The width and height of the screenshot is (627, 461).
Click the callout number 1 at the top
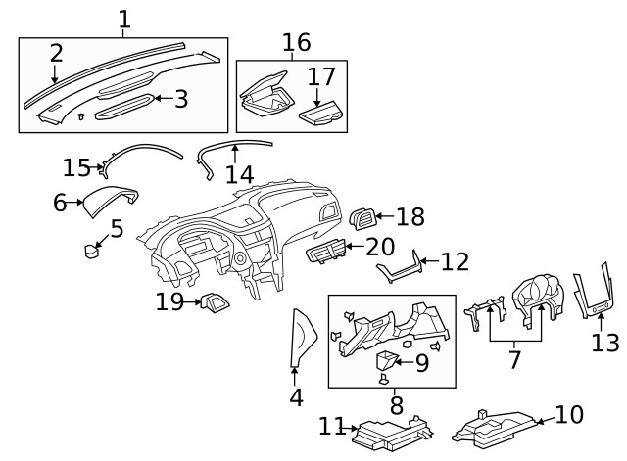123,19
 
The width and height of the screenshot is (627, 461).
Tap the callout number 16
296,42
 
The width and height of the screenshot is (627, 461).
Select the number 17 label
320,75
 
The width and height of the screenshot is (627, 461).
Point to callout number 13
605,343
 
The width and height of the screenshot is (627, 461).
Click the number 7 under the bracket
514,359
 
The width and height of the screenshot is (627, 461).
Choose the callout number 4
296,397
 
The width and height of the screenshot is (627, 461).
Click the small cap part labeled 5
93,252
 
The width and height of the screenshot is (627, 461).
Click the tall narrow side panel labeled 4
302,338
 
